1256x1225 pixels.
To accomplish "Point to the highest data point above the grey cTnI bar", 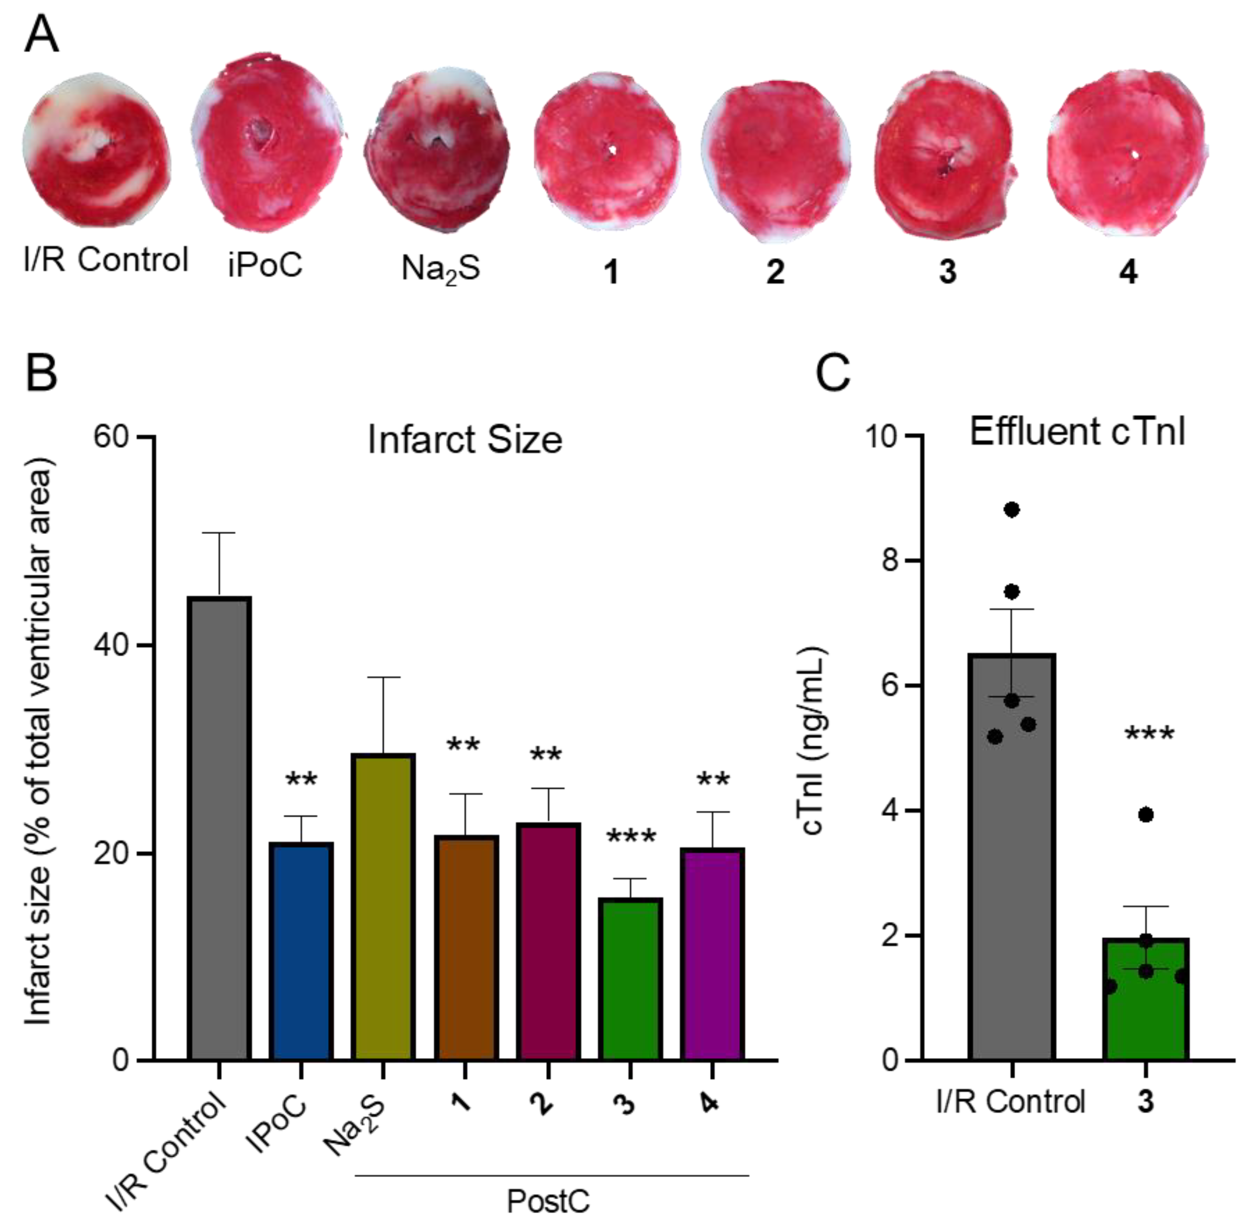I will coord(1012,510).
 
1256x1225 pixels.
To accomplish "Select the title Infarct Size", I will coord(465,441).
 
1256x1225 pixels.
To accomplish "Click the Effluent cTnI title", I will coord(1077,432).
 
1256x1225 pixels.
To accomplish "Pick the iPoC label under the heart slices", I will coord(265,264).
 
